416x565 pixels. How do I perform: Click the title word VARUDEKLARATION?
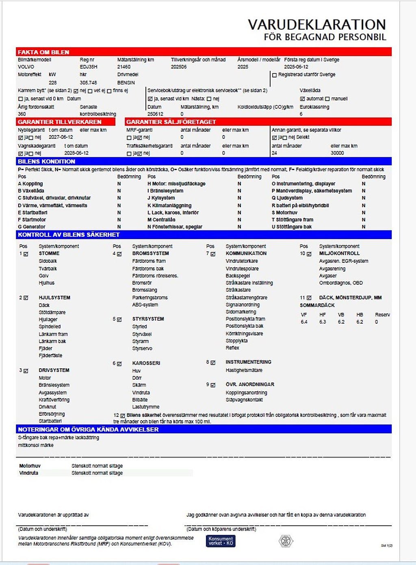point(316,25)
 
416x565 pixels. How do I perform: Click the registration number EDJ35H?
point(89,67)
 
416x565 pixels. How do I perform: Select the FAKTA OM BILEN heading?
point(43,52)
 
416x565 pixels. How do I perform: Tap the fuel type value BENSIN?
point(126,83)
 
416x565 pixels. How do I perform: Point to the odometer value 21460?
point(124,67)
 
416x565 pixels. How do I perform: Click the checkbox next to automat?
point(302,99)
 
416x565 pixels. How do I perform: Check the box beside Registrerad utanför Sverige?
point(275,75)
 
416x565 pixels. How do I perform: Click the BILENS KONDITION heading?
point(46,161)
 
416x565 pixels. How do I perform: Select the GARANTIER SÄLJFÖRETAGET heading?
point(171,122)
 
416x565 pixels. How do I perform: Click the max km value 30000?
point(337,153)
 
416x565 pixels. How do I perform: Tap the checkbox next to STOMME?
point(26,254)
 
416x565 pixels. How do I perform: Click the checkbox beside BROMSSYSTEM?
point(119,254)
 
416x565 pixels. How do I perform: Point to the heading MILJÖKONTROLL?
point(339,253)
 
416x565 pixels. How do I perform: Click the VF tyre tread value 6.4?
point(304,322)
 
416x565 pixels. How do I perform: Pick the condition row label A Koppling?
point(30,184)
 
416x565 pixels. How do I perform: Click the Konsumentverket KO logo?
point(221,541)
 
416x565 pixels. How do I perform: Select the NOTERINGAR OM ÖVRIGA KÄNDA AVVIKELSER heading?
point(88,430)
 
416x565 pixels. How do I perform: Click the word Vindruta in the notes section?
point(28,473)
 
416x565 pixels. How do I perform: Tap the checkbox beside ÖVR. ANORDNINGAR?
point(213,385)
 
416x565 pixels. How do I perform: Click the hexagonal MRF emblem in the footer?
point(286,541)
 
